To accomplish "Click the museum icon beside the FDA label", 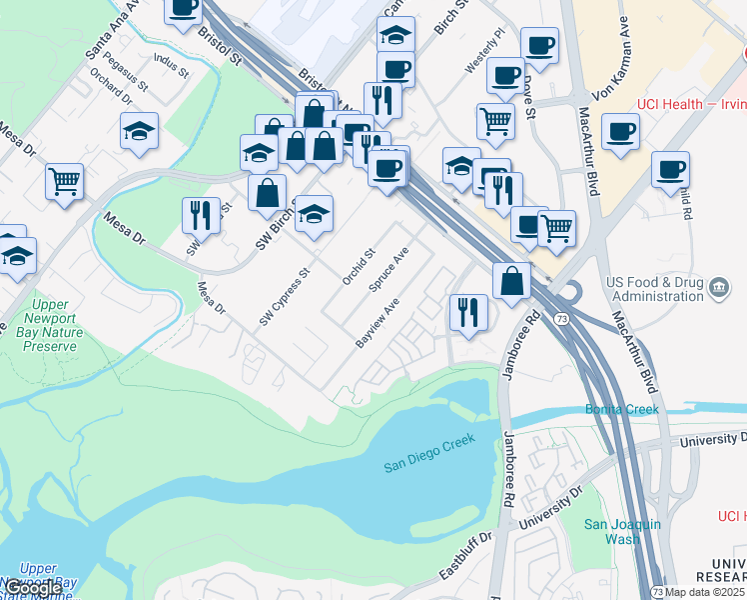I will click(717, 289).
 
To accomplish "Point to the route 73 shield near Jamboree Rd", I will click(561, 319).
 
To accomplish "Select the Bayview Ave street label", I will click(377, 322).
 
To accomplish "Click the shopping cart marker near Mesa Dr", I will click(65, 183).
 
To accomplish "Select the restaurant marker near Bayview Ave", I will click(466, 313).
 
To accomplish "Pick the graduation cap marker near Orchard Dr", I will click(140, 130).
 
